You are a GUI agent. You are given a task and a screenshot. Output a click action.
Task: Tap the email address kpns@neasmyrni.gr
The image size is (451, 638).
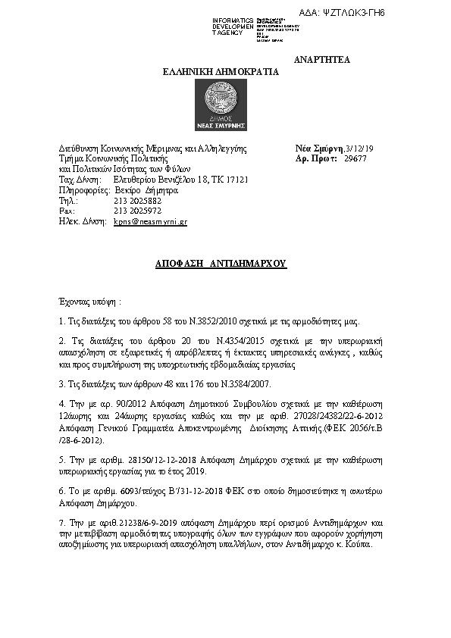click(x=150, y=222)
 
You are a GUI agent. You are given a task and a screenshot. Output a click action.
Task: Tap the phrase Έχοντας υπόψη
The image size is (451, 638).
click(x=88, y=301)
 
